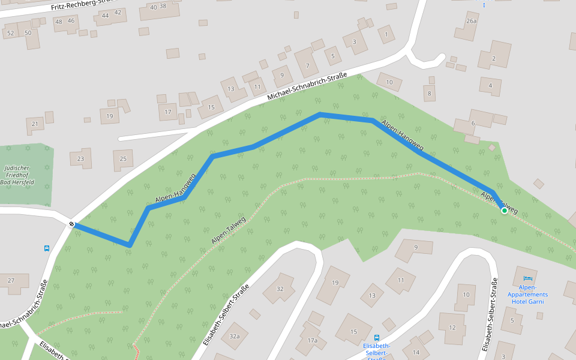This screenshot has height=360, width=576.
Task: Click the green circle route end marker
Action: point(505,211)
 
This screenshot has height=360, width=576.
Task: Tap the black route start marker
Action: point(72,224)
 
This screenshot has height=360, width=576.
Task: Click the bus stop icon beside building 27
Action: point(47,248)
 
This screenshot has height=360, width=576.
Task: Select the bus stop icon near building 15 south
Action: point(377,338)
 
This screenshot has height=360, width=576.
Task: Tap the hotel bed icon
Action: point(528,278)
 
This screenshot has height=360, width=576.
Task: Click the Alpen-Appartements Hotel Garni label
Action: point(527,295)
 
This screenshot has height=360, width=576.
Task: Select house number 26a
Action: point(471,21)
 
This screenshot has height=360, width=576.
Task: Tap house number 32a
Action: point(234,337)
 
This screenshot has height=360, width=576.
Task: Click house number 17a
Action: point(312,340)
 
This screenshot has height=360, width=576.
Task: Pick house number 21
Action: point(35,124)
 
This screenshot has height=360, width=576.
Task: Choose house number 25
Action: point(123,158)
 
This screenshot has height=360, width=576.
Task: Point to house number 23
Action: point(80,158)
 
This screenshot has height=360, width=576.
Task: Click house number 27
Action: point(11,281)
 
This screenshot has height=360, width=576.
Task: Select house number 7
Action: point(308,65)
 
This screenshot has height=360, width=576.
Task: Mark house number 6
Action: point(473,123)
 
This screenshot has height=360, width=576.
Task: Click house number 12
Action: point(452,327)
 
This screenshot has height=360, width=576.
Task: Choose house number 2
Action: point(493,58)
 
